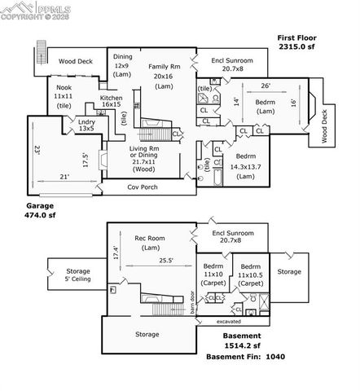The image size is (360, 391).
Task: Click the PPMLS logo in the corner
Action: [x=29, y=9]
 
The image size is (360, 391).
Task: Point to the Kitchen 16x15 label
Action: [x=112, y=101]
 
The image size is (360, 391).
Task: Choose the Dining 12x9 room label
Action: [x=122, y=66]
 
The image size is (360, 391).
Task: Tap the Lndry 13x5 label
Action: [x=86, y=125]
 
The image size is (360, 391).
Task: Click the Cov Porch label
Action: [x=143, y=187]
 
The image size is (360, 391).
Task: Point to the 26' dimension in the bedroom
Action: [x=264, y=86]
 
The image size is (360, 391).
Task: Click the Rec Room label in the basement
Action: [x=149, y=243]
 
